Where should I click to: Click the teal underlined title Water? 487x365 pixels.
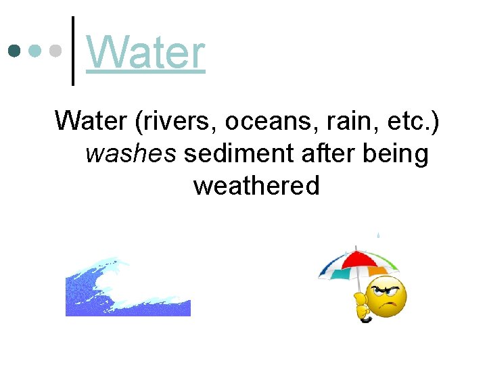point(145,53)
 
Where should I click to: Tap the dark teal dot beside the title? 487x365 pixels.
point(14,51)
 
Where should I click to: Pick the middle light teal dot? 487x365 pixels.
point(36,51)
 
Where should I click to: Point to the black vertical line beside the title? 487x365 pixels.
point(72,51)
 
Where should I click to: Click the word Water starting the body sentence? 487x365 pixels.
point(91,122)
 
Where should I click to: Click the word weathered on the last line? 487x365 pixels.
point(256,185)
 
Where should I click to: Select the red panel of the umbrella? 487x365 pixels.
point(357,259)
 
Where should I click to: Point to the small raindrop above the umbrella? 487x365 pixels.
point(378,235)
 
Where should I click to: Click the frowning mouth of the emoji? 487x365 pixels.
point(388,307)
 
